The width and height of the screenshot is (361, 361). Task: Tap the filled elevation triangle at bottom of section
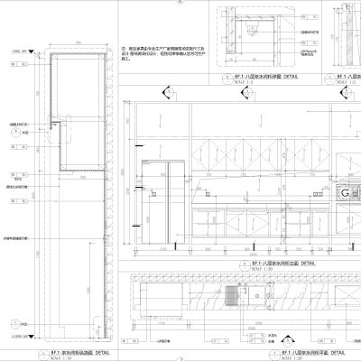[x=13, y=322]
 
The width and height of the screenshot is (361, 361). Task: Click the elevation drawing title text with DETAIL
[x=274, y=262]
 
